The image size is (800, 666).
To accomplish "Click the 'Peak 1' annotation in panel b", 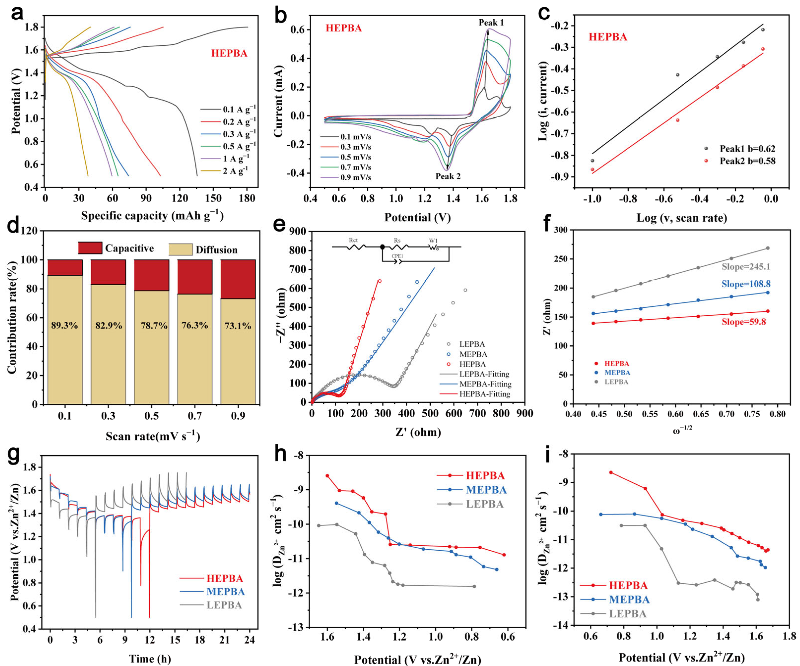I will click(491, 23).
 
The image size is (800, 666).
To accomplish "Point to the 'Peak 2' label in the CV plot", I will click(448, 176).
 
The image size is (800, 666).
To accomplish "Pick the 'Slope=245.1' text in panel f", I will click(745, 267).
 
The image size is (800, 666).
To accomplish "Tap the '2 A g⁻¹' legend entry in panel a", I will click(235, 171).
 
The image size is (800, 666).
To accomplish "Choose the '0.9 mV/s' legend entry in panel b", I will click(355, 177).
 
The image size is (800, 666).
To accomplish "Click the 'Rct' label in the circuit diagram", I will click(353, 240).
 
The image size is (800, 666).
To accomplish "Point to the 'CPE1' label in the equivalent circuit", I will click(397, 256).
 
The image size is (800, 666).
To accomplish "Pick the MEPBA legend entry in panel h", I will click(486, 490).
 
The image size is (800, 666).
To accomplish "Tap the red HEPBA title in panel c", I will click(608, 37).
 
